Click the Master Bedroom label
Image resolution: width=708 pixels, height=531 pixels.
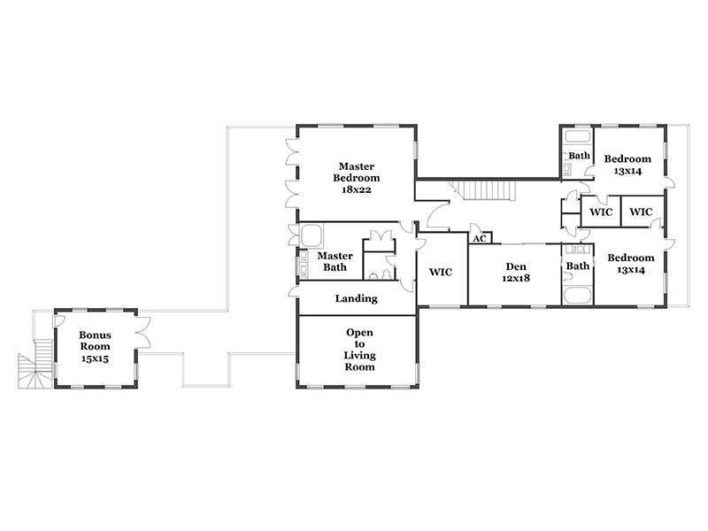point(357,172)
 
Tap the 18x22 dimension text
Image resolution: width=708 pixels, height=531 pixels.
point(357,189)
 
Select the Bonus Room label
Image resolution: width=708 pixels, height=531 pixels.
point(95,341)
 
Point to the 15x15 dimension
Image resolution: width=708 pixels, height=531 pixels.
point(95,359)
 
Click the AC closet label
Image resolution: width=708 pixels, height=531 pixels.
point(480,238)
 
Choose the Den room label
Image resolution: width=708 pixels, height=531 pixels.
point(516,266)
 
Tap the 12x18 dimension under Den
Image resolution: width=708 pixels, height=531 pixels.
point(516,278)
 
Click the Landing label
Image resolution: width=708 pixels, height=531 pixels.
point(357,298)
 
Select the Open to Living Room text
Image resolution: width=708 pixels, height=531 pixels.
point(359,350)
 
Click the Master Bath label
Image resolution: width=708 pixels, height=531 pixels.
point(335,261)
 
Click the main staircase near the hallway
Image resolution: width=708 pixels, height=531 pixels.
point(485,190)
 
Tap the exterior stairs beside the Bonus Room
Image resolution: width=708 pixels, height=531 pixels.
point(36,364)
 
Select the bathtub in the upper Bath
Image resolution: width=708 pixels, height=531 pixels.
point(578,136)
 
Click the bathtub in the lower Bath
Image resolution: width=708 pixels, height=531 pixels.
point(578,295)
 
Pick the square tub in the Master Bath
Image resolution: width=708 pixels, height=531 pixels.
point(312,235)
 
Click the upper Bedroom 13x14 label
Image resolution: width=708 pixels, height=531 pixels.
point(627,165)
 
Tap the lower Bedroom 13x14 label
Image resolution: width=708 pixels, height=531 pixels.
point(631,264)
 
